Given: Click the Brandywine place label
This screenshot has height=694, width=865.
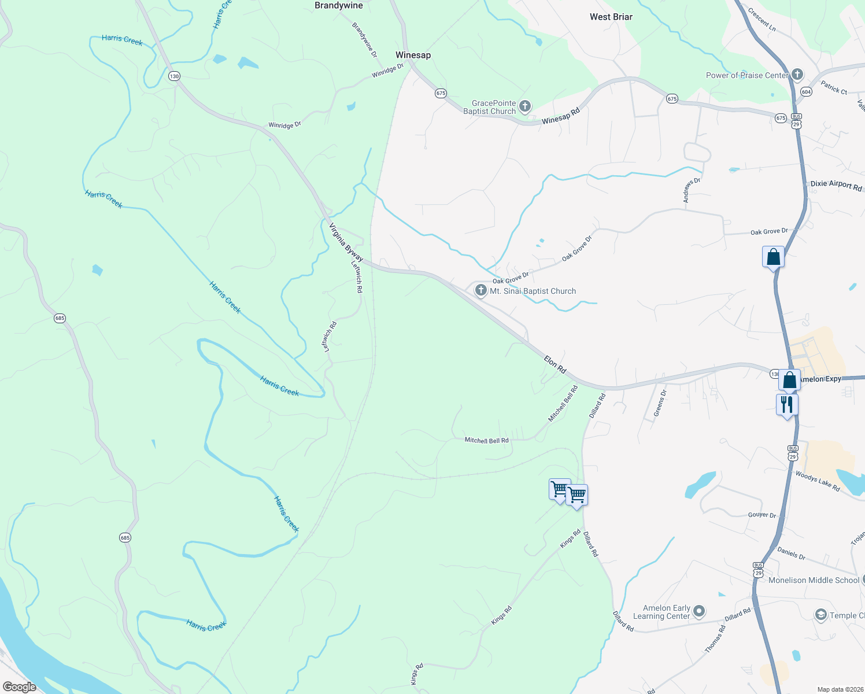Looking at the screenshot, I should tap(338, 6).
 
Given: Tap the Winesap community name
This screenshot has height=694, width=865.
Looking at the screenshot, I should tap(413, 55).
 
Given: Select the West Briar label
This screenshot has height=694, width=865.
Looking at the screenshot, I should tap(611, 17).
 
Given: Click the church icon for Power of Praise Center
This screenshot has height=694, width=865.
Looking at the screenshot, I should tap(797, 74).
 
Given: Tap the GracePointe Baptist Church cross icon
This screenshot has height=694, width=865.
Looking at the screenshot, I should tap(525, 106).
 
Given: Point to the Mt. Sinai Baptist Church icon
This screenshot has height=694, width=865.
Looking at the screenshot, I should tap(480, 290).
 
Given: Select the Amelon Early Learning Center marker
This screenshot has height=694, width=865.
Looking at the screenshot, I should tap(699, 611).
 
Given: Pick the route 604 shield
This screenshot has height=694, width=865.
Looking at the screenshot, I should tap(806, 92).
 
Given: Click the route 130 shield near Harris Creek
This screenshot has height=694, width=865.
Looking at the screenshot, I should tap(174, 76).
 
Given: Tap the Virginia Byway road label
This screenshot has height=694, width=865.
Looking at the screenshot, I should tap(346, 242).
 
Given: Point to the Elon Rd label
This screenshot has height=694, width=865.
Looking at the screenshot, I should tap(555, 364).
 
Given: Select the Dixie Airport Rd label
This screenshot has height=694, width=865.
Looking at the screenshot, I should tap(836, 186).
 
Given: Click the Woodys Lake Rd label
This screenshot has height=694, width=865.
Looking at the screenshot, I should tap(817, 481).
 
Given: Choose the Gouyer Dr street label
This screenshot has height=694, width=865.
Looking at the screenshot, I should tap(762, 515).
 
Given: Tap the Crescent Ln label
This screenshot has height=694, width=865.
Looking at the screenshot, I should tap(762, 19).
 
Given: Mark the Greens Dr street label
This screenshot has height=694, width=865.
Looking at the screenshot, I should tap(660, 403).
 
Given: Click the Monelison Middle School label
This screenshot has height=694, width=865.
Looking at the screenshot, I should tap(814, 580).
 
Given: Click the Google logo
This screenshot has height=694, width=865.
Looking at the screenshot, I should tap(20, 687).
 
